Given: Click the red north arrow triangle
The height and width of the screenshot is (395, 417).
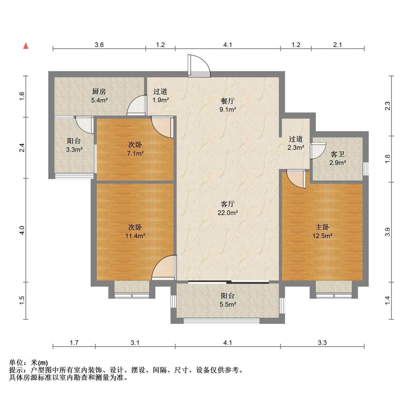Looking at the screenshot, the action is (x=26, y=46).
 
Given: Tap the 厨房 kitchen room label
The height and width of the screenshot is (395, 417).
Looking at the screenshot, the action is (x=99, y=91).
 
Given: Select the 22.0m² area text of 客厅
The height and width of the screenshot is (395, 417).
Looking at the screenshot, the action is (x=228, y=213).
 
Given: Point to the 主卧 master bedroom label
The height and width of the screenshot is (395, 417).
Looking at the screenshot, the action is (x=322, y=227).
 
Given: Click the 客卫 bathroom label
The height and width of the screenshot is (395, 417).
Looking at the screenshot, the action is (x=338, y=154).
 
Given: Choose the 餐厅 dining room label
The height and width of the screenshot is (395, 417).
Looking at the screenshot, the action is (x=228, y=101).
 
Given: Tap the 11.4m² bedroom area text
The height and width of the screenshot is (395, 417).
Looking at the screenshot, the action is (x=135, y=236).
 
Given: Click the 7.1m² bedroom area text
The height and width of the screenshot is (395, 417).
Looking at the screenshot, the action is (x=135, y=153).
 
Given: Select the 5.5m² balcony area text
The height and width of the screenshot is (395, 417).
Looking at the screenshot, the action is (x=228, y=304).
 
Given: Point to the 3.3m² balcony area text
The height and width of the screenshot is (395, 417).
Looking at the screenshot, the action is (x=74, y=149).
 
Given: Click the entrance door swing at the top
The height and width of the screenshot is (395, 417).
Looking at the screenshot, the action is (x=199, y=66).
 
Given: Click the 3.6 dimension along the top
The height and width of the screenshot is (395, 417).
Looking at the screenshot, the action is (x=99, y=45).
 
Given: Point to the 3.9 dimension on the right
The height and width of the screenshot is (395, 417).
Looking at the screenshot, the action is (x=387, y=232).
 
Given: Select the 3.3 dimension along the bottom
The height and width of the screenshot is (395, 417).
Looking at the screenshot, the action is (x=322, y=343).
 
